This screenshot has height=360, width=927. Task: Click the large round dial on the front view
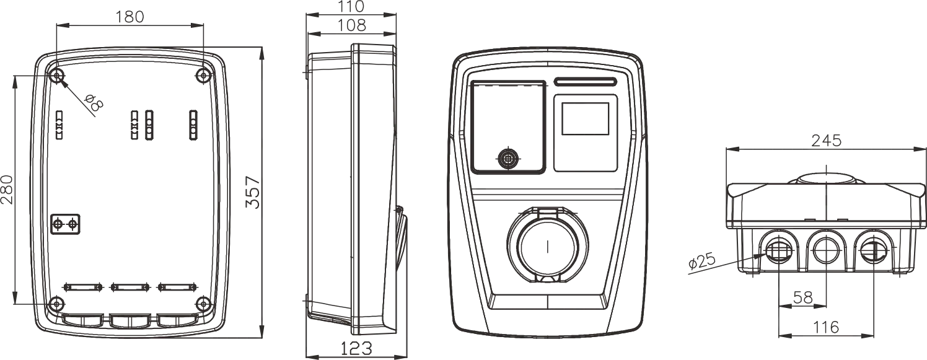click(546, 248)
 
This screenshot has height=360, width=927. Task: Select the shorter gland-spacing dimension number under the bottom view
click(804, 296)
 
